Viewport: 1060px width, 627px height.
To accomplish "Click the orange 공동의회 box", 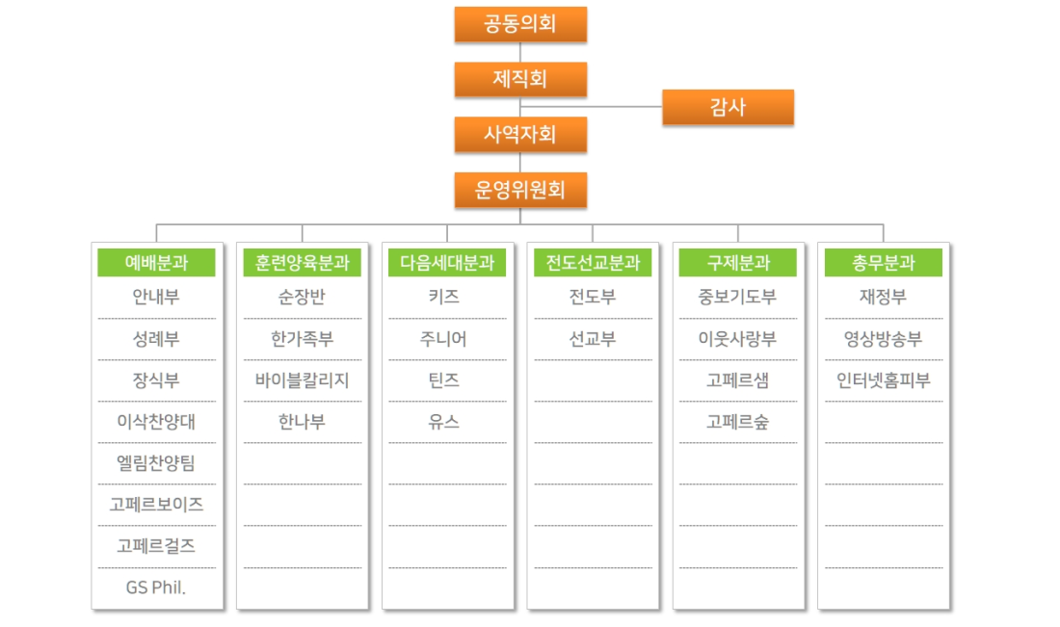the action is pyautogui.click(x=520, y=24).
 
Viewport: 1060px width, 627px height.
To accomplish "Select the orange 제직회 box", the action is pyautogui.click(x=520, y=79).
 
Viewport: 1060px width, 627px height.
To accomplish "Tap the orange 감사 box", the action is pyautogui.click(x=729, y=107).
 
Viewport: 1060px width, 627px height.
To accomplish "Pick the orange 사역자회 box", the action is pyautogui.click(x=520, y=135).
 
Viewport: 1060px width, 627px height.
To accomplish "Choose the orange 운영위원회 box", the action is pyautogui.click(x=520, y=190).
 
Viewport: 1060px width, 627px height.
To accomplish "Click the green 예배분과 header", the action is pyautogui.click(x=156, y=262).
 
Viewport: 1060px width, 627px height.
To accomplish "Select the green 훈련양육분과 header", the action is pyautogui.click(x=303, y=262).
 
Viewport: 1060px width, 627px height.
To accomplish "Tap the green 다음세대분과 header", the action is pyautogui.click(x=447, y=262).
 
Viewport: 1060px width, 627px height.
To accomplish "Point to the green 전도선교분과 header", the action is pyautogui.click(x=593, y=262).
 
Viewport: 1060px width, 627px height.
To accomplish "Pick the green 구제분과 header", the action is pyautogui.click(x=738, y=262).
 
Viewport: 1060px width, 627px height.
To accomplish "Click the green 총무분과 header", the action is pyautogui.click(x=884, y=262).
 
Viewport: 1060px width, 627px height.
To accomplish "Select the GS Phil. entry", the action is pyautogui.click(x=156, y=588).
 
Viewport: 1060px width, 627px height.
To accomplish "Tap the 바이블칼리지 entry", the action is pyautogui.click(x=303, y=380).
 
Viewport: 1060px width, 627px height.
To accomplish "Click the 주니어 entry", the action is pyautogui.click(x=443, y=338).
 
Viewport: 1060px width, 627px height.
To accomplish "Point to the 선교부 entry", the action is pyautogui.click(x=593, y=338).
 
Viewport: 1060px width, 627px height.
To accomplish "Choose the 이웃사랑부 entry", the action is pyautogui.click(x=737, y=338).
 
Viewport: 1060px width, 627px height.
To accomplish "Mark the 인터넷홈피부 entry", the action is pyautogui.click(x=884, y=380).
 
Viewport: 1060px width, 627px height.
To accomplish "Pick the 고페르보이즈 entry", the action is pyautogui.click(x=156, y=504).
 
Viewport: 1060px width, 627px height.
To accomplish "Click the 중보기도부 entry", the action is pyautogui.click(x=737, y=297).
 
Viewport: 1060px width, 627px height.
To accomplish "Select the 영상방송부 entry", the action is pyautogui.click(x=884, y=338).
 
